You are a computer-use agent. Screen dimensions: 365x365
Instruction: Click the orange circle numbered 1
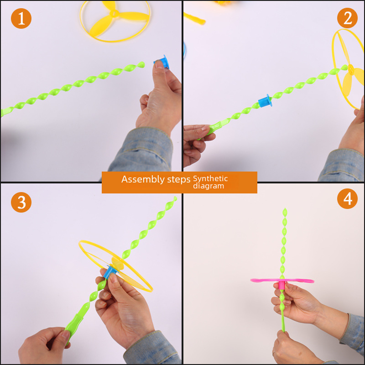(21, 18)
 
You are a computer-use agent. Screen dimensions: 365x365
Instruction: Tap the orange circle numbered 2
(347, 18)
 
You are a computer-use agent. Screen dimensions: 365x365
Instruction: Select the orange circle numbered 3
(21, 202)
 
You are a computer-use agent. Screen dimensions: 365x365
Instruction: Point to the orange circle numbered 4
(347, 199)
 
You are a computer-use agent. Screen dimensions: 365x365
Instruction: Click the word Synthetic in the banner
(210, 178)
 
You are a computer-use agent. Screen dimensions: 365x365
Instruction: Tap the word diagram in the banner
(209, 186)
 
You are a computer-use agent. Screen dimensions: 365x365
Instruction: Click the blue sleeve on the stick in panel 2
(265, 101)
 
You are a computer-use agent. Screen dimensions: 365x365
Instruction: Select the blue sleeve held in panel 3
(109, 273)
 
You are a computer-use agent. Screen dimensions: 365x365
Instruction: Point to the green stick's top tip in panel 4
(285, 211)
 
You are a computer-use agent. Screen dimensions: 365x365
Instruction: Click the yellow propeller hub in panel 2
(351, 70)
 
